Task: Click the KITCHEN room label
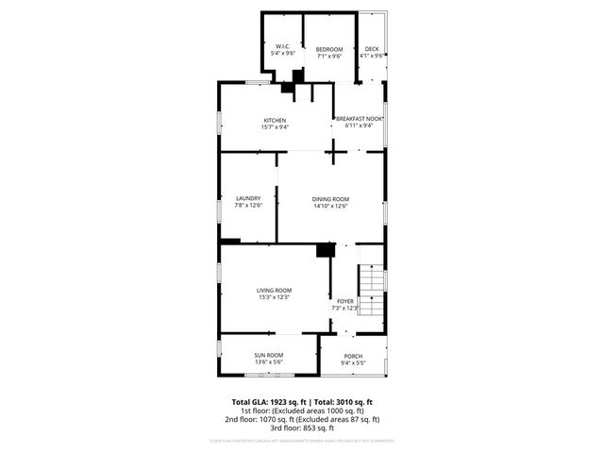click(275, 120)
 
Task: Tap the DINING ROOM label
click(330, 198)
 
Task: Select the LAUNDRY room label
click(248, 198)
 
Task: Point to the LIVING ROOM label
click(274, 290)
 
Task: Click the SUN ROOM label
click(269, 355)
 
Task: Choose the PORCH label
click(353, 356)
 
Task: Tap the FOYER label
click(345, 301)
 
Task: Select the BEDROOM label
click(328, 47)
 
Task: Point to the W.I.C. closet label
click(283, 47)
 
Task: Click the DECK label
click(372, 48)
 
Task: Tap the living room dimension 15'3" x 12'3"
click(274, 297)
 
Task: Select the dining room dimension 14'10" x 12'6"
click(330, 206)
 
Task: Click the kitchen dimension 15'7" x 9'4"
click(275, 126)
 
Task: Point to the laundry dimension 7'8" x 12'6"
click(248, 206)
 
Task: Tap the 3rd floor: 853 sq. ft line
click(301, 428)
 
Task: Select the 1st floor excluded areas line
click(301, 411)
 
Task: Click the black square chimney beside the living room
click(325, 250)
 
